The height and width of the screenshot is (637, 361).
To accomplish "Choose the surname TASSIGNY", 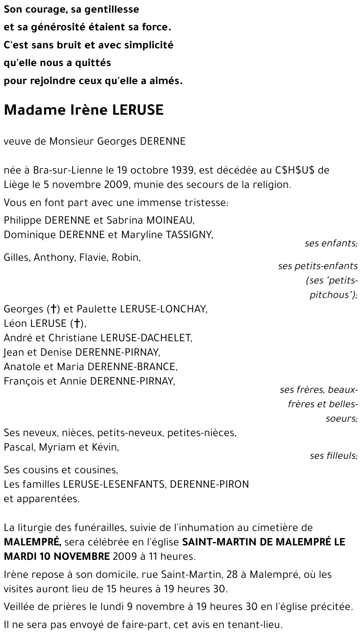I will coord(189,235).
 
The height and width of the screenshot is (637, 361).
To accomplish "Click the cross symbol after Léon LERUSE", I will coord(77,324).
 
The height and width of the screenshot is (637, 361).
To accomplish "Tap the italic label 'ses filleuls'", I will coord(333,456).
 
